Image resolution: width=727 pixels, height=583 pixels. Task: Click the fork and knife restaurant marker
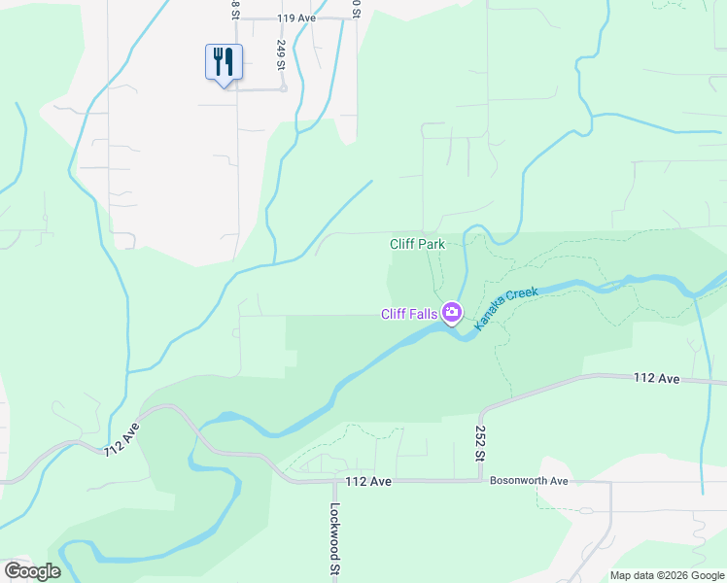(x=224, y=63)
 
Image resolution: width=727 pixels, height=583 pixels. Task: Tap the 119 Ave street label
(x=296, y=18)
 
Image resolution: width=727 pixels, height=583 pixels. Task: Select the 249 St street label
(x=280, y=53)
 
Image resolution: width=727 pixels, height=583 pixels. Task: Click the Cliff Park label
(x=417, y=244)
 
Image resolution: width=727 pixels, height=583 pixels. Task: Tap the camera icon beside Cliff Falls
(x=451, y=313)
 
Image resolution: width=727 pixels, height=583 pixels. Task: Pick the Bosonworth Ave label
(x=528, y=480)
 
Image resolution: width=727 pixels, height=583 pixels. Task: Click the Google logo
(x=32, y=570)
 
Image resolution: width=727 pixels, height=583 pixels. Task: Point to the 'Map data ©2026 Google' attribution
(x=667, y=575)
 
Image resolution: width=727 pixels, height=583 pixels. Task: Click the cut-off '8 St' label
(x=235, y=9)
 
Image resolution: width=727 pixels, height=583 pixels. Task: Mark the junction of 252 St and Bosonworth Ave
(x=480, y=481)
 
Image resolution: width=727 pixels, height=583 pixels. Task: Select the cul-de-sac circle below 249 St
(x=283, y=87)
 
